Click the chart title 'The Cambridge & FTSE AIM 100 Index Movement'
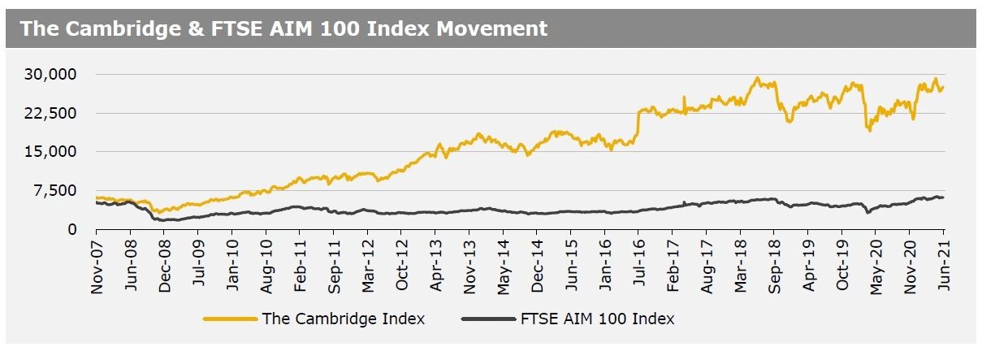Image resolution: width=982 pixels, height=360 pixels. pyautogui.click(x=283, y=28)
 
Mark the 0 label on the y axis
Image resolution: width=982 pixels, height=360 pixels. pyautogui.click(x=72, y=230)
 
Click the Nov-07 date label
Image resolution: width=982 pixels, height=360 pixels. pyautogui.click(x=96, y=266)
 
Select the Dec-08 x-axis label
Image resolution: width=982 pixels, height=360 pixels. pyautogui.click(x=164, y=266)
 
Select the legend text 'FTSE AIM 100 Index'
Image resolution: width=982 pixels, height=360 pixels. pyautogui.click(x=596, y=319)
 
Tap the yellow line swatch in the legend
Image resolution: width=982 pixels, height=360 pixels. pyautogui.click(x=231, y=319)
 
